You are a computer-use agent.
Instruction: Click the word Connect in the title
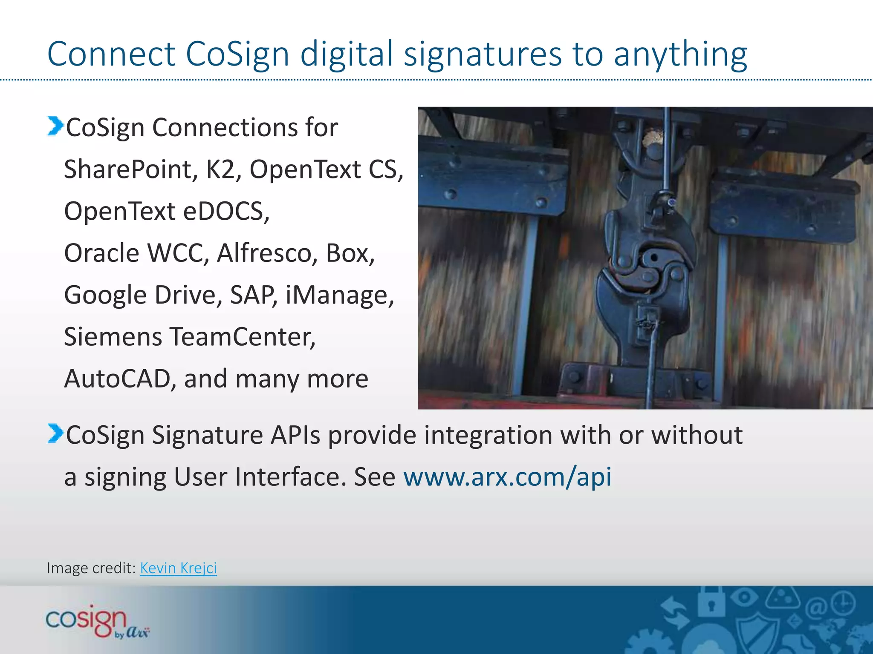(111, 54)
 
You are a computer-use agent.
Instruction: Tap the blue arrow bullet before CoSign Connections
(55, 126)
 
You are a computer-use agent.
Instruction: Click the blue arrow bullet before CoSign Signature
(55, 433)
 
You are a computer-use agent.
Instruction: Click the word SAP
(253, 295)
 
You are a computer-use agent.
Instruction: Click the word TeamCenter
(243, 337)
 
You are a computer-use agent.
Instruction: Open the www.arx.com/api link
(507, 476)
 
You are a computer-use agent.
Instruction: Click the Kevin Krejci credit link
(178, 568)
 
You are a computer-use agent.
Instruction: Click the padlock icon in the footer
(711, 602)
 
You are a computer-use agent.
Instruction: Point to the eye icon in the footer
(743, 597)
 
